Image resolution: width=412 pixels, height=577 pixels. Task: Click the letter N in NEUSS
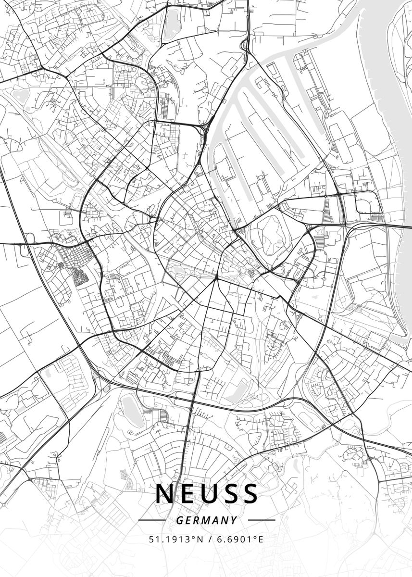coord(164,494)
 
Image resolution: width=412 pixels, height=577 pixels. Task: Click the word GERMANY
coord(206,520)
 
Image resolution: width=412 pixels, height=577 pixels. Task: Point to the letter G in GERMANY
coord(179,520)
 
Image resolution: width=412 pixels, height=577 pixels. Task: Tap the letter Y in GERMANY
coord(234,520)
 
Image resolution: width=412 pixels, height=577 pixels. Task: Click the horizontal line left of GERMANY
coord(151,520)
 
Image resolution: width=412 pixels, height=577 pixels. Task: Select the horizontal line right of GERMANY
coord(262,520)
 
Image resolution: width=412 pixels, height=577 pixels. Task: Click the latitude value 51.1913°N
coord(173,539)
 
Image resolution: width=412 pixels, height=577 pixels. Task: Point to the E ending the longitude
coord(261,539)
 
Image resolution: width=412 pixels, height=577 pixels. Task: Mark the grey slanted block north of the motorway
coord(238,390)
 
